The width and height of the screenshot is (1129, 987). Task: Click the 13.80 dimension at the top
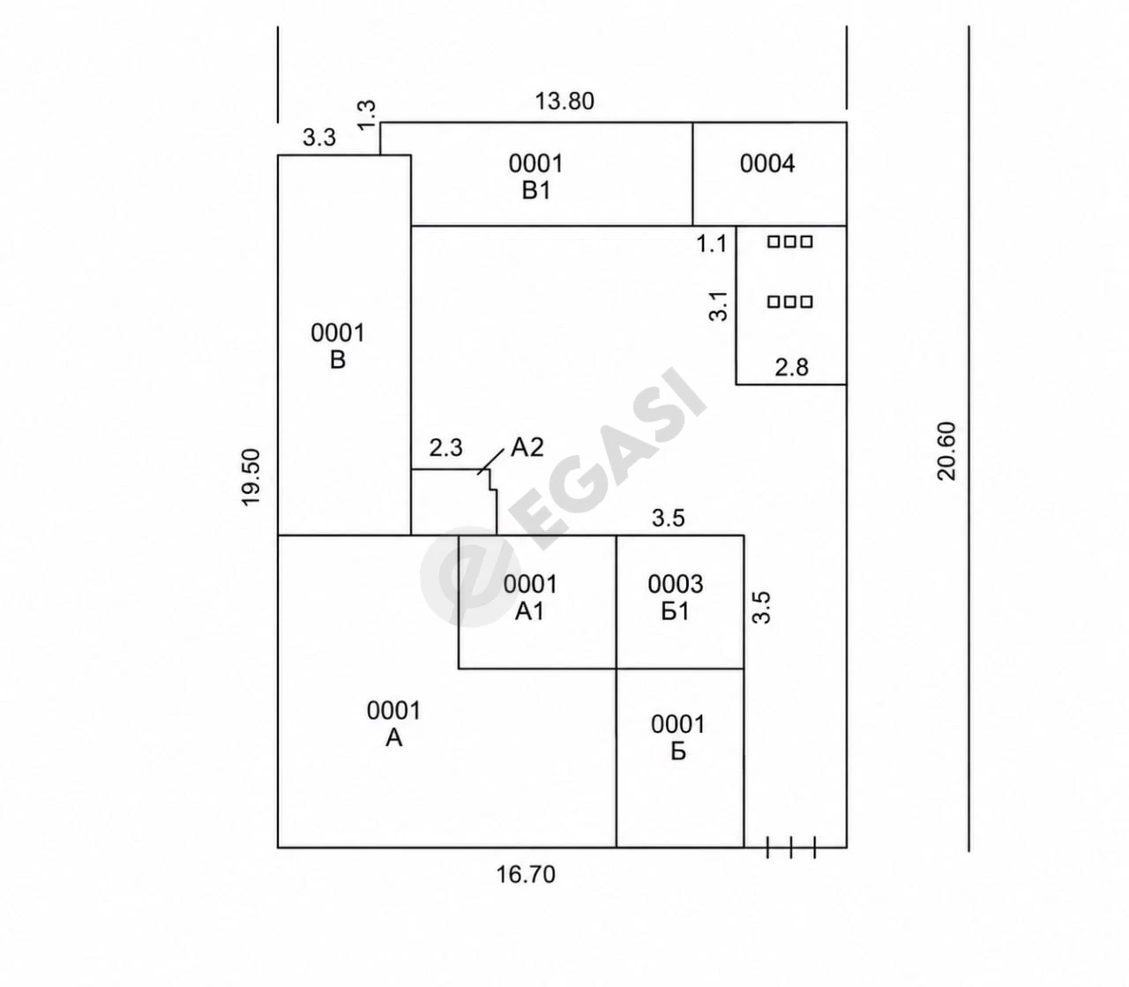[564, 101]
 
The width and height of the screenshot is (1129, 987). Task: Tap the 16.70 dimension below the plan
[526, 874]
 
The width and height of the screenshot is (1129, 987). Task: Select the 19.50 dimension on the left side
[250, 477]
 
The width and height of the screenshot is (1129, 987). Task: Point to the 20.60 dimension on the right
[946, 452]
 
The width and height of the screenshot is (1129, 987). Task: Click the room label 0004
[767, 164]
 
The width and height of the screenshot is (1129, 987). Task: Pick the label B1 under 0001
[536, 191]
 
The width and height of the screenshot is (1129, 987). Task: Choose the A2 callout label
[527, 447]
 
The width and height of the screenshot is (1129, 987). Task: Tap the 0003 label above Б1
[676, 584]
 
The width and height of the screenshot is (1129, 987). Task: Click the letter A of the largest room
[393, 738]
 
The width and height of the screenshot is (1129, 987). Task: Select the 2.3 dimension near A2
[445, 448]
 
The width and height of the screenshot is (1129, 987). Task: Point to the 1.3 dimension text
[367, 115]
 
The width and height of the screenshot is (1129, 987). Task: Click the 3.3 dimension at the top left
[319, 138]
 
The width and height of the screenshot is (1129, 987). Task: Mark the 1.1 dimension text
[712, 243]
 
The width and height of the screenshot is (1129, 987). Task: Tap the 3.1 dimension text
[719, 307]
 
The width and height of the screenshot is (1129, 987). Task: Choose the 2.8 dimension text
[791, 368]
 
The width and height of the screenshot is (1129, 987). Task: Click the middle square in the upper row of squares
[790, 242]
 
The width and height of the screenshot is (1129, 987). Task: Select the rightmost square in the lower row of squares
[806, 302]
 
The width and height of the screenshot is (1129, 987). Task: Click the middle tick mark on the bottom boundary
[791, 848]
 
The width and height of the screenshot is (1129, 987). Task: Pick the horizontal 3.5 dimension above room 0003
[669, 518]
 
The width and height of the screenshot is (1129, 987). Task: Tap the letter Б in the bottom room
[678, 752]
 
